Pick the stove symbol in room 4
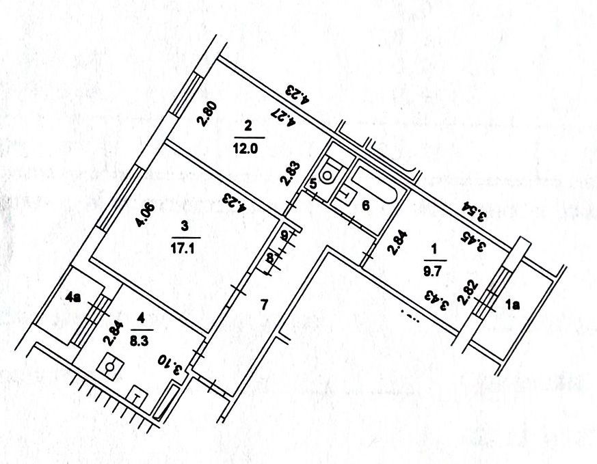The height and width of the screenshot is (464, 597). pyautogui.click(x=110, y=366)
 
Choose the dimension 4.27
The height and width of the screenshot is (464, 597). pyautogui.click(x=284, y=115)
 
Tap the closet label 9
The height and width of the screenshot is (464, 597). pyautogui.click(x=284, y=234)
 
